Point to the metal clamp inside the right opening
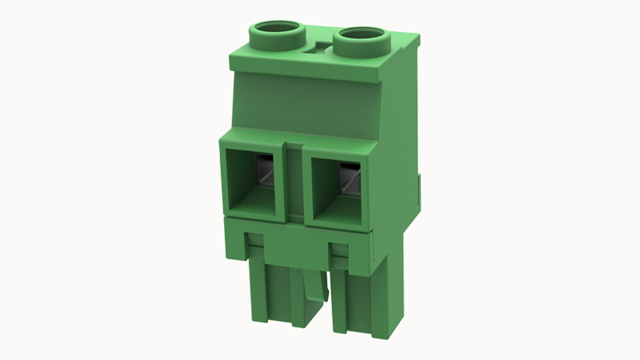(350, 178)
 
